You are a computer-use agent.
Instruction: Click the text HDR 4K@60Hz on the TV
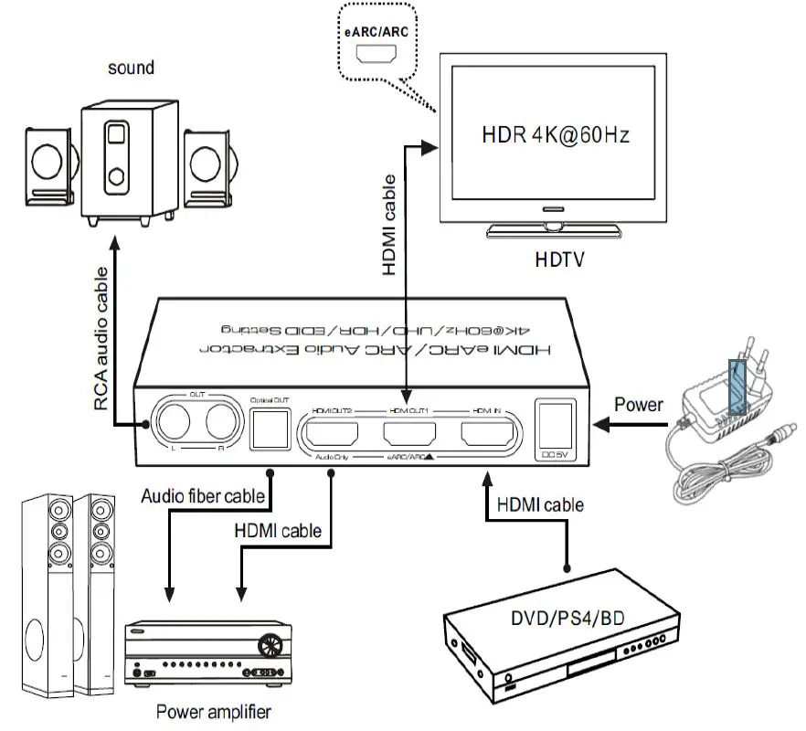pyautogui.click(x=556, y=135)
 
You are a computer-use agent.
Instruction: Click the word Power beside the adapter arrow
pyautogui.click(x=639, y=405)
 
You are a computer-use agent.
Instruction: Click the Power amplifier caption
pyautogui.click(x=213, y=711)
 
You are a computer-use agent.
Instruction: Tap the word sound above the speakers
pyautogui.click(x=131, y=68)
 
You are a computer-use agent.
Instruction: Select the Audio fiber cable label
pyautogui.click(x=203, y=496)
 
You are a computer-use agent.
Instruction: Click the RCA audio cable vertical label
pyautogui.click(x=102, y=339)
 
